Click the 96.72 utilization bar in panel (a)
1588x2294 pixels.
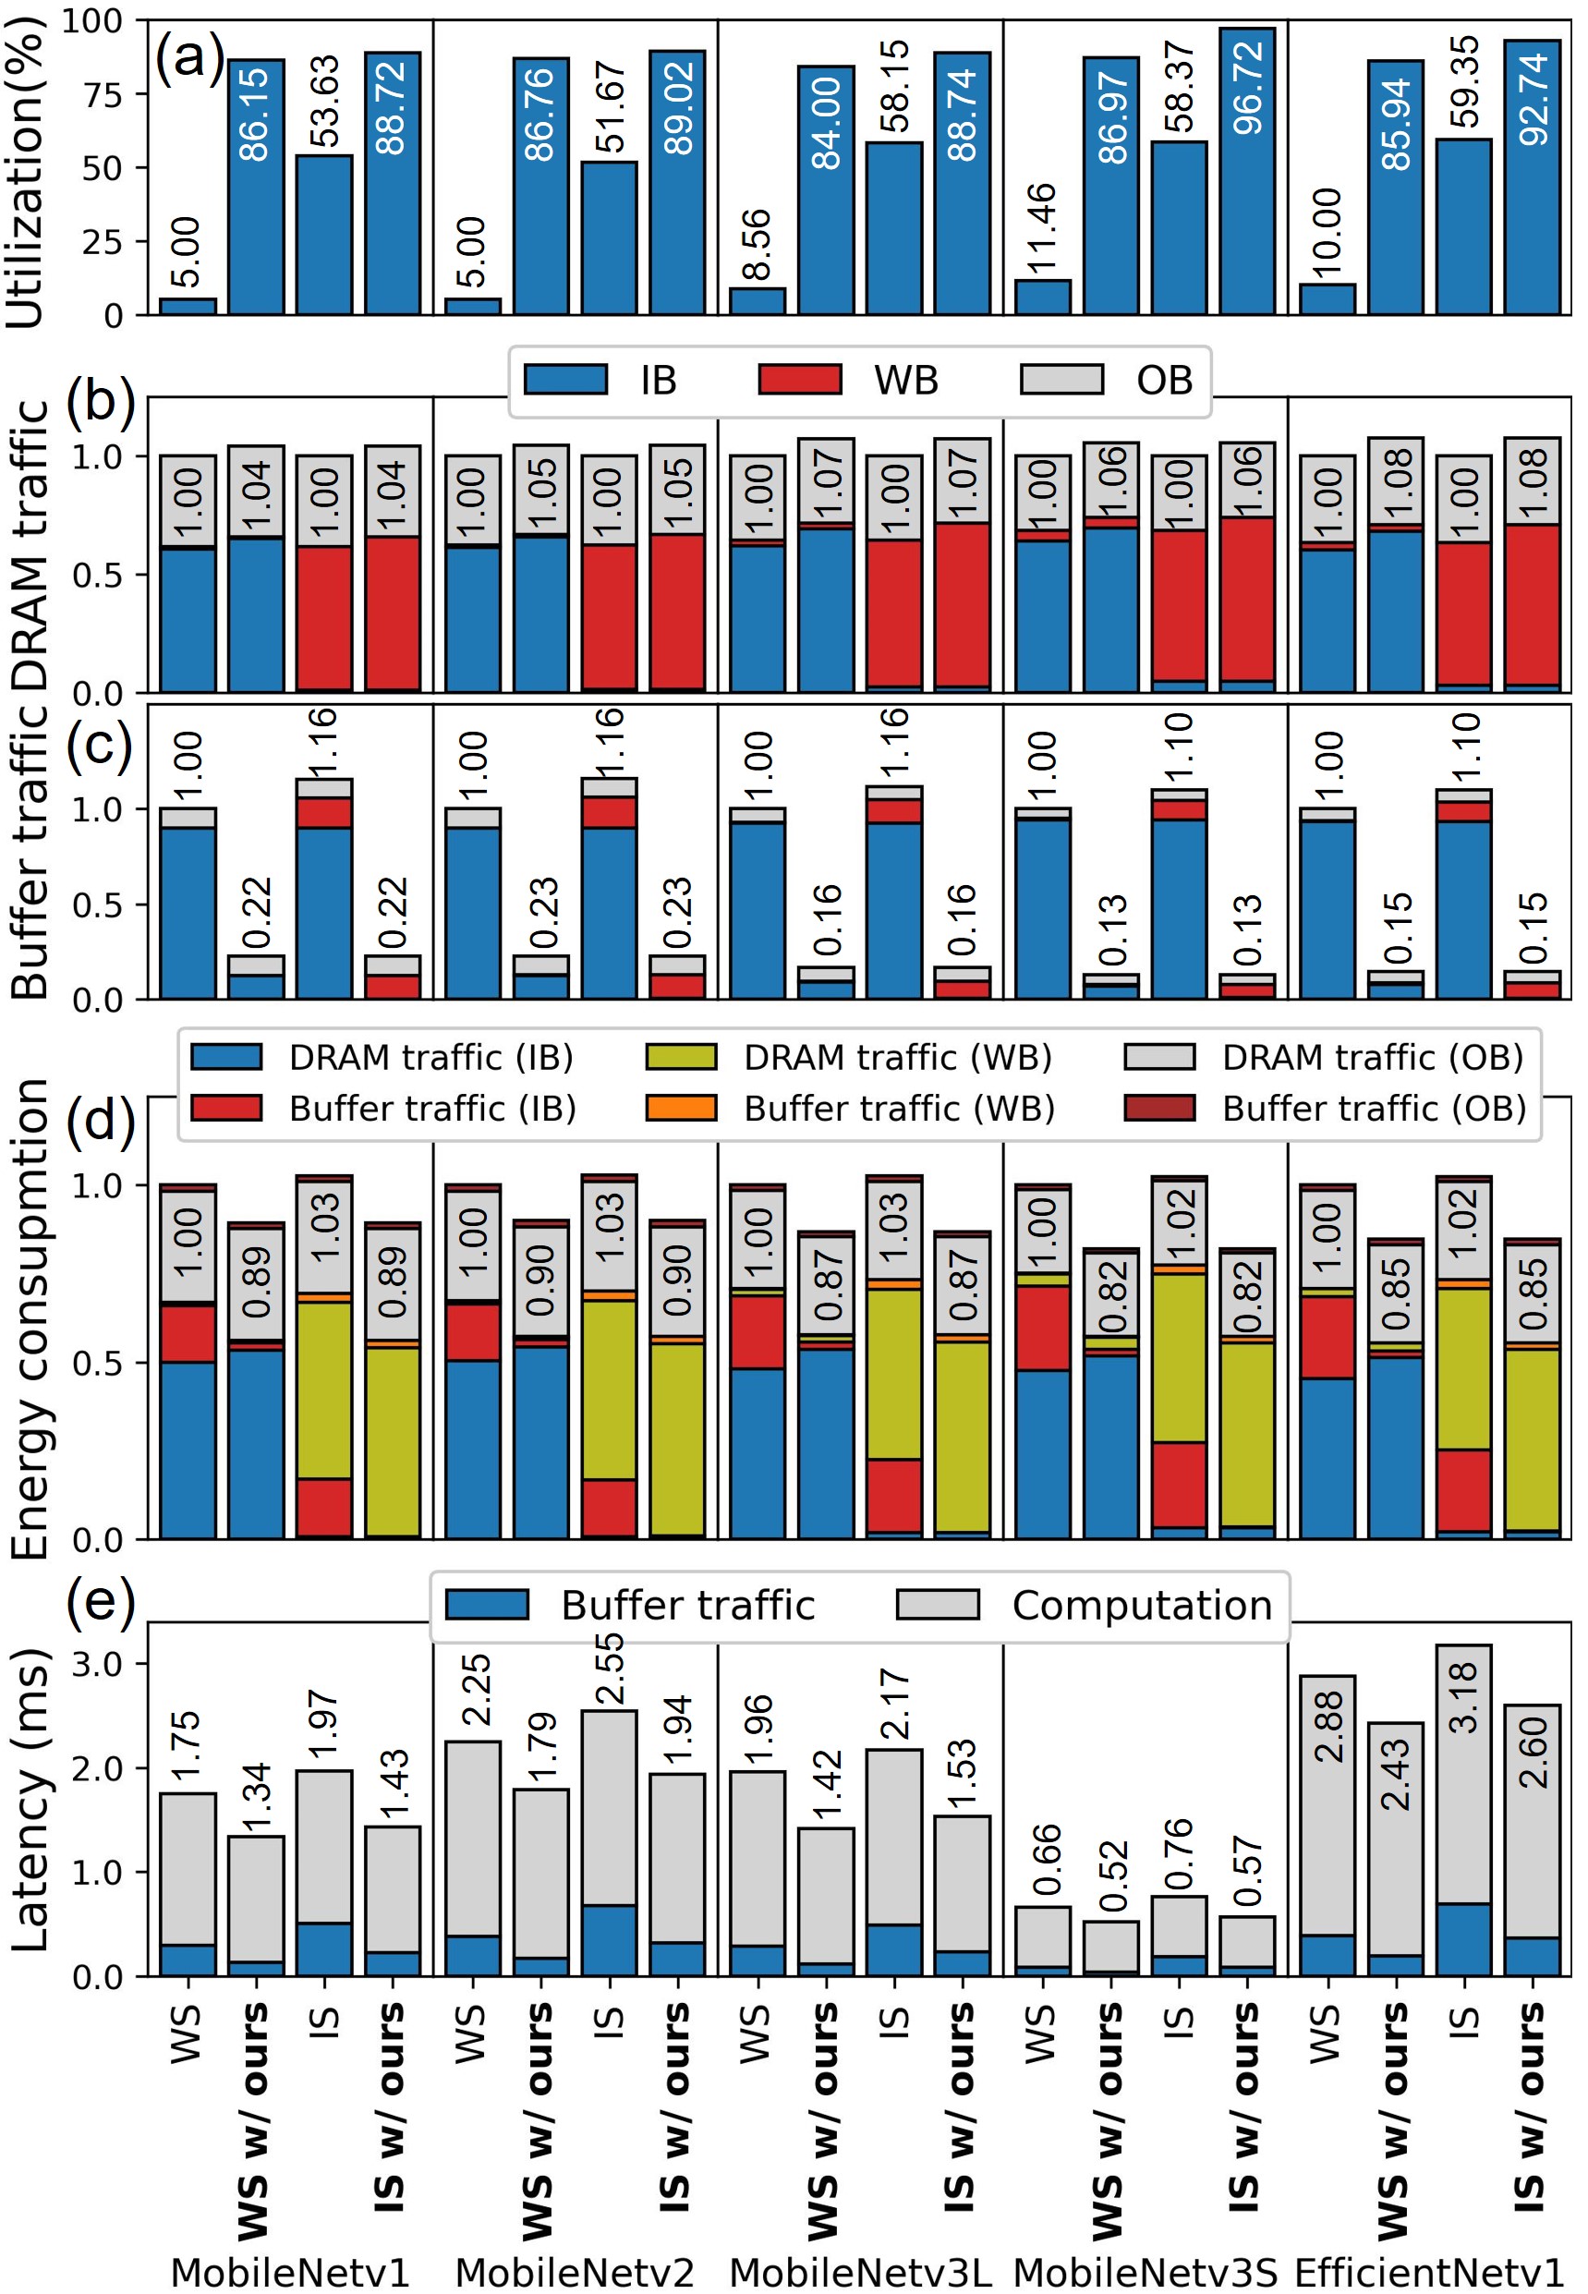pos(1247,171)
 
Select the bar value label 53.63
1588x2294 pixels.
pos(324,101)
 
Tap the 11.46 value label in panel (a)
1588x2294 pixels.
pos(1042,229)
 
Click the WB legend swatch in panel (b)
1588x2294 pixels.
pos(799,380)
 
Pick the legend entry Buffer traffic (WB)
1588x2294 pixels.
pos(851,1109)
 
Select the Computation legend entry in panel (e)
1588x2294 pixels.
pos(1085,1606)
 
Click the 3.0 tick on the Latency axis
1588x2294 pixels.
pos(98,1664)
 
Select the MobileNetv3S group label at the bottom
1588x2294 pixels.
pos(1145,2272)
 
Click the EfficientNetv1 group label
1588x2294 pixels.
pos(1430,2272)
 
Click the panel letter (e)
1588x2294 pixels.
pos(100,1603)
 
